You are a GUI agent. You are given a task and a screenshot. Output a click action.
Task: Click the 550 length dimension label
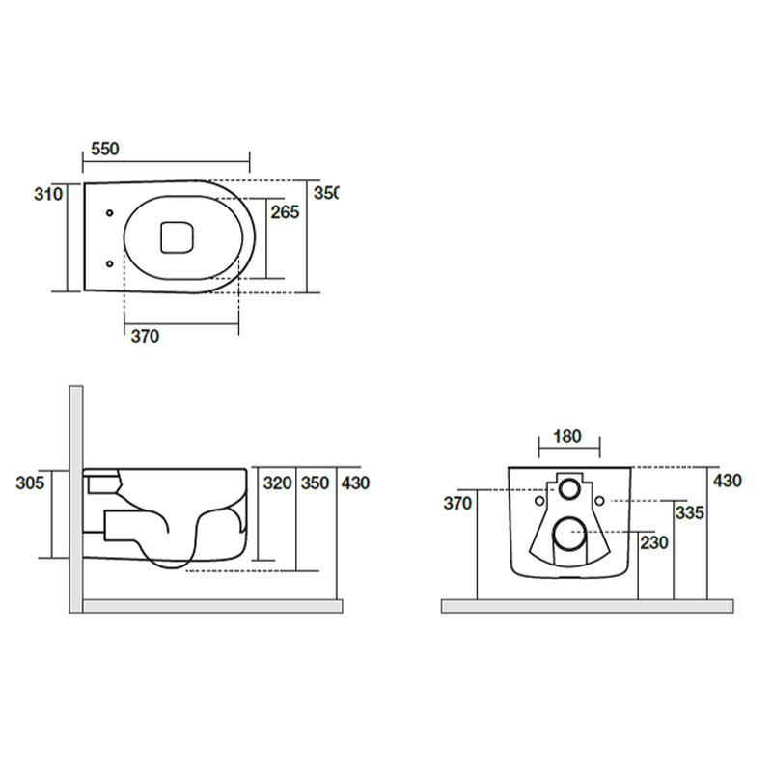[x=105, y=149]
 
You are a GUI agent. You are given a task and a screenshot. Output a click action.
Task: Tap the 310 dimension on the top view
[x=48, y=194]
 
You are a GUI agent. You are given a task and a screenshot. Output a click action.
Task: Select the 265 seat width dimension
[x=285, y=212]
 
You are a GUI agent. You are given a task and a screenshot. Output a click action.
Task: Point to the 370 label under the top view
[x=146, y=336]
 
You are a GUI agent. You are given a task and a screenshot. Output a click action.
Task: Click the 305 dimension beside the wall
[x=30, y=483]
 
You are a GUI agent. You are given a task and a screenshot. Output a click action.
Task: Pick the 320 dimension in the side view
[x=278, y=483]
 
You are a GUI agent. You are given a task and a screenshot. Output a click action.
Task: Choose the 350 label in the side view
[x=316, y=483]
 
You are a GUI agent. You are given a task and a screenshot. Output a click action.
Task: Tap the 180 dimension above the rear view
[x=567, y=436]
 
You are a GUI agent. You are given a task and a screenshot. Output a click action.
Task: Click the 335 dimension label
[x=690, y=512]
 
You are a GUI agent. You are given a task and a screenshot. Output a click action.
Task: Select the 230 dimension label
[x=654, y=542]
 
